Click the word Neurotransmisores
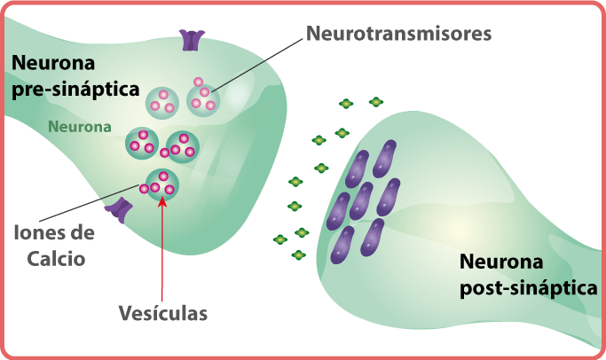pos(398,35)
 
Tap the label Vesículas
pos(163,314)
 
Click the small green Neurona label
pos(80,127)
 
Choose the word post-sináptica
pos(529,288)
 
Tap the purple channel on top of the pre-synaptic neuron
pos(191,39)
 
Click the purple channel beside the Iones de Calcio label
pos(119,209)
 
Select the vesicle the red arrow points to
pos(161,184)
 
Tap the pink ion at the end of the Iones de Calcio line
pos(144,188)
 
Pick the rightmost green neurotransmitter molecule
pos(376,103)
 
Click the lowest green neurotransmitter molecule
pos(298,255)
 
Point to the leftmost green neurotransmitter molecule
pos(279,239)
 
